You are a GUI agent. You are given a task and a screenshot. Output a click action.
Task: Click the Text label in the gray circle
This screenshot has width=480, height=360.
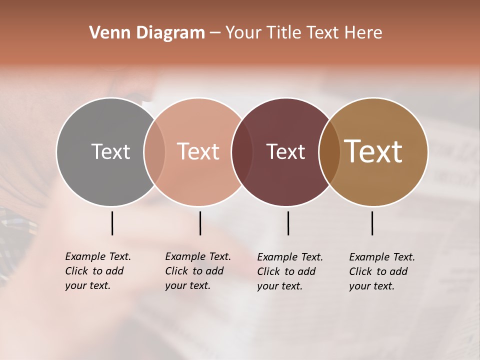coord(110,151)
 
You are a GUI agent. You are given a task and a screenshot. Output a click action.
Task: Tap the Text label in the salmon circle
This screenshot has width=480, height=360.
coord(198,151)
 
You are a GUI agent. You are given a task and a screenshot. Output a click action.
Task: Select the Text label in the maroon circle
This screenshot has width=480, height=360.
coord(285,151)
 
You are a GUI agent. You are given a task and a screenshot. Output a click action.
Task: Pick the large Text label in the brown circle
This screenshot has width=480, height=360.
coord(373,151)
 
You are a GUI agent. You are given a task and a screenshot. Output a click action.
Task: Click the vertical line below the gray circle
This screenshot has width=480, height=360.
coord(112,223)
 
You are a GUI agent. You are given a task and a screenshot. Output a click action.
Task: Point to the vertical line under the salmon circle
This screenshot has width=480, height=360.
coord(200,223)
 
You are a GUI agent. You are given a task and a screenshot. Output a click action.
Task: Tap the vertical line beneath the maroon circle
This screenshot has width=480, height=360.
coord(288,223)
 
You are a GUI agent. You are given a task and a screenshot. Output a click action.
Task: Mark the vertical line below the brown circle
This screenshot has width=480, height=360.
coord(372,223)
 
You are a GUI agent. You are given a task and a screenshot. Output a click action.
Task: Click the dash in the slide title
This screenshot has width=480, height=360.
coord(215,33)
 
